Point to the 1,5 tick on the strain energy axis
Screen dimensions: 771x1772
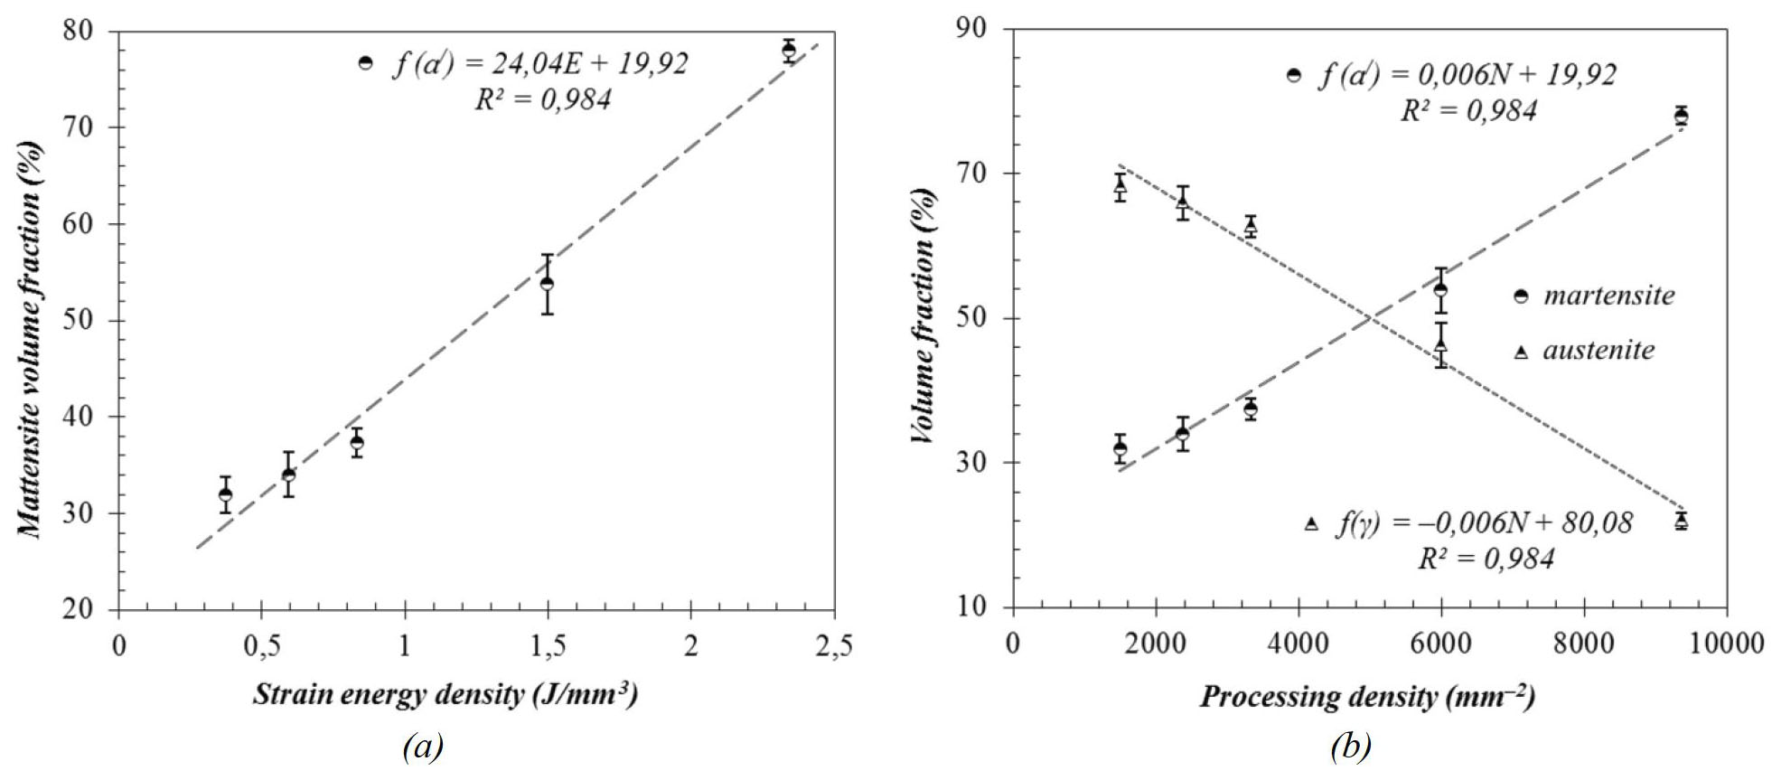pyautogui.click(x=547, y=645)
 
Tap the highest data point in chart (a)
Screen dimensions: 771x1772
pyautogui.click(x=789, y=51)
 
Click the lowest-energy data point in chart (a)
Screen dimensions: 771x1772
pyautogui.click(x=225, y=494)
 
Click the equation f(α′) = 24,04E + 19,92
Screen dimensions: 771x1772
pyautogui.click(x=539, y=63)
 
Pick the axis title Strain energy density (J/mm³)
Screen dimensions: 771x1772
pyautogui.click(x=445, y=694)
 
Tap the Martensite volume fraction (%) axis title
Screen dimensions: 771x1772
pyautogui.click(x=31, y=339)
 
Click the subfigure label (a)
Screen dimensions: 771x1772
pyautogui.click(x=423, y=747)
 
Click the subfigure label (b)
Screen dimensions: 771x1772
pyautogui.click(x=1351, y=747)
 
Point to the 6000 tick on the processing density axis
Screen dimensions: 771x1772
pyautogui.click(x=1441, y=643)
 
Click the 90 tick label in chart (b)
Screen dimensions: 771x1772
pyautogui.click(x=973, y=30)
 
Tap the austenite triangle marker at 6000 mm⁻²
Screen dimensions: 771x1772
pyautogui.click(x=1441, y=344)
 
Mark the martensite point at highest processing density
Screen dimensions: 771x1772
pyautogui.click(x=1681, y=117)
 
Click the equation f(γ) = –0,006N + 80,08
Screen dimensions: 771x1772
pyautogui.click(x=1484, y=523)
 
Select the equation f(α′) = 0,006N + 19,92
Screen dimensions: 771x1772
pyautogui.click(x=1467, y=75)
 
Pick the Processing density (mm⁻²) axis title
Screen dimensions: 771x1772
pyautogui.click(x=1367, y=696)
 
